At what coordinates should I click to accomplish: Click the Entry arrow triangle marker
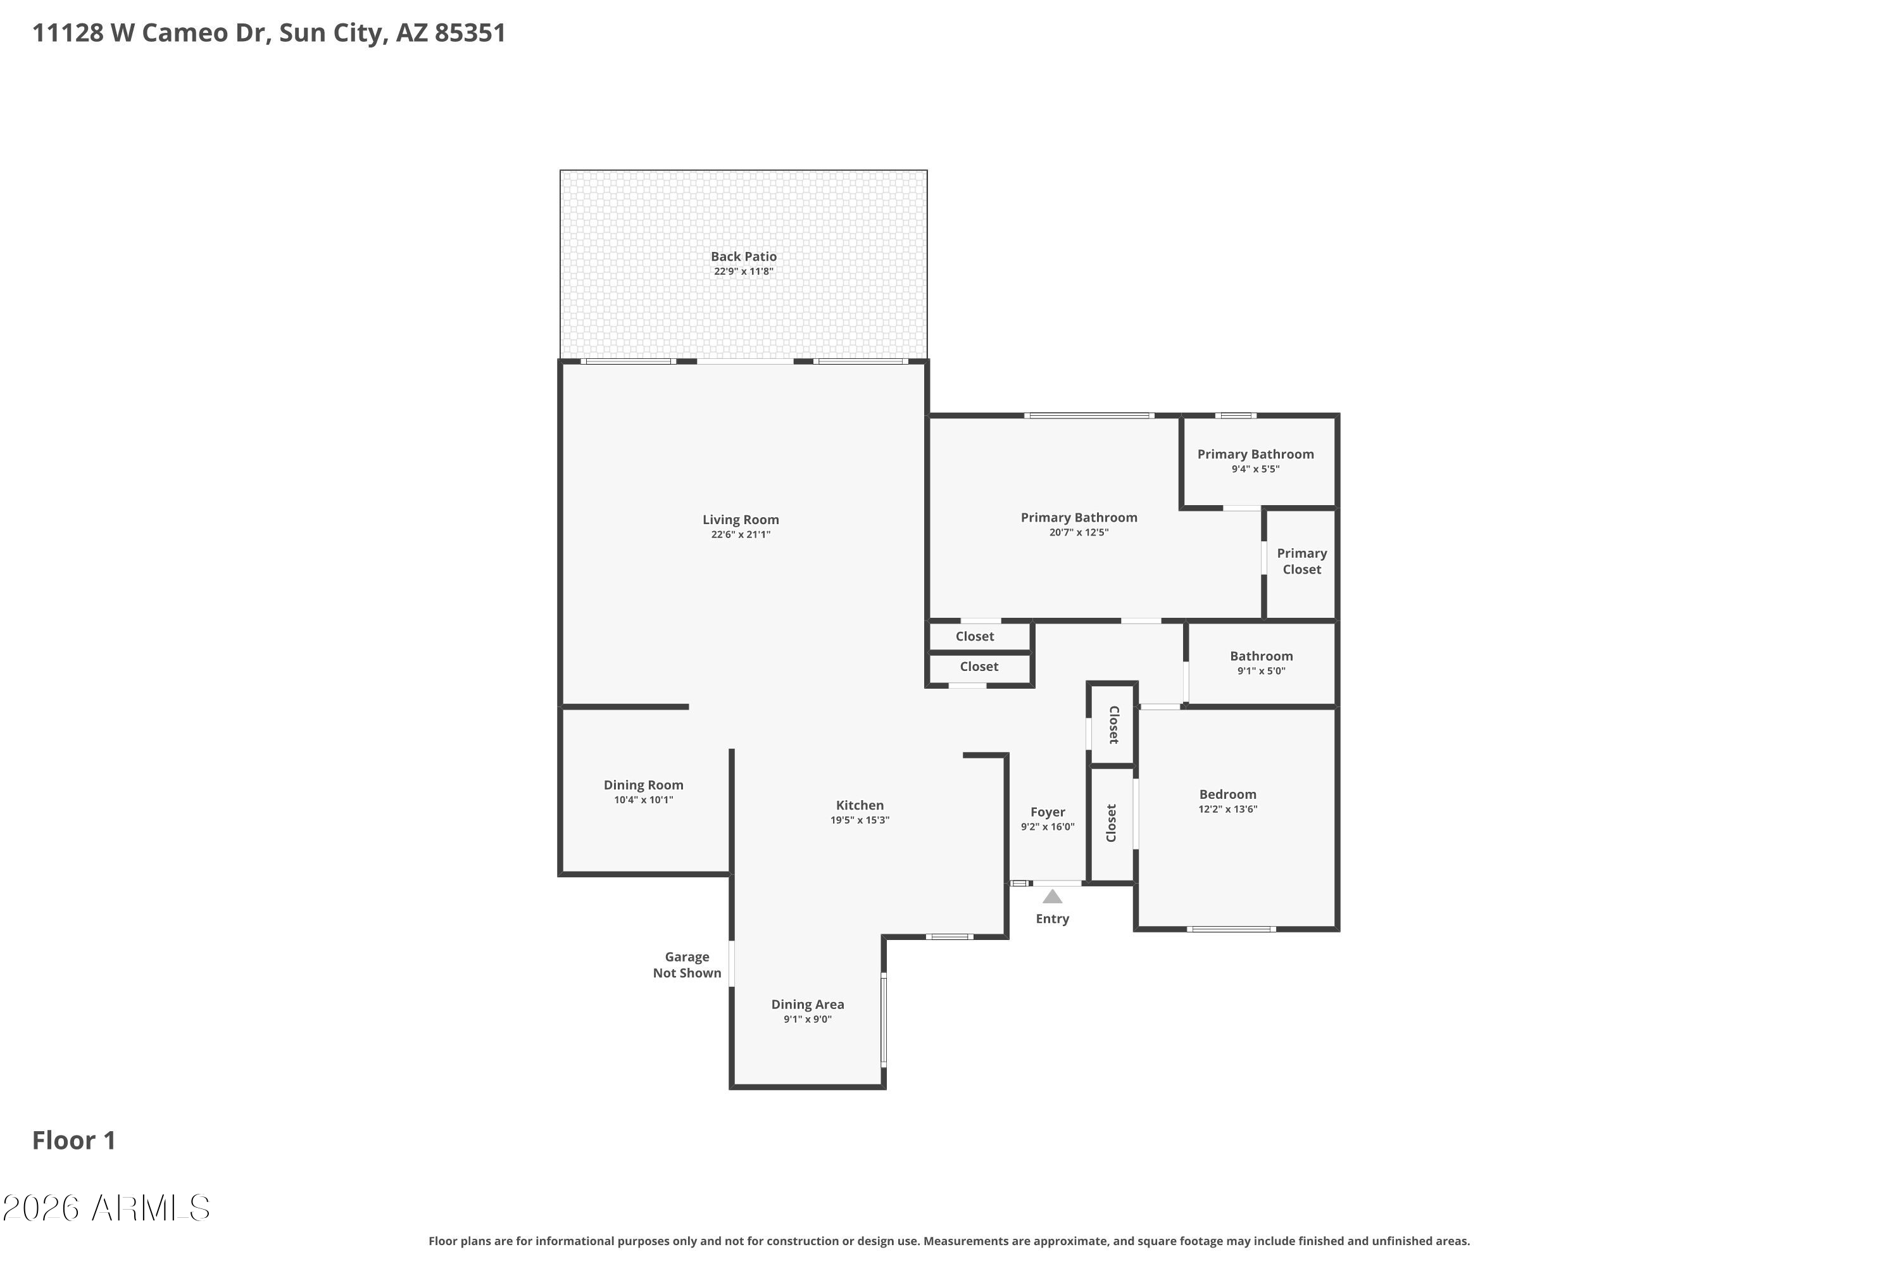[1052, 896]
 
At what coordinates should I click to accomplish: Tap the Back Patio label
[744, 257]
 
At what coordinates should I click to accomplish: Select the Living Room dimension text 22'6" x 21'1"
[741, 534]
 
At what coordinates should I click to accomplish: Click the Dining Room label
[644, 785]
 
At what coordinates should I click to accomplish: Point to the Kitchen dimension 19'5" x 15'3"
[860, 820]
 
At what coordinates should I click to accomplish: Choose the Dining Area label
[808, 1005]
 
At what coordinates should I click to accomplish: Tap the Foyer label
[1048, 812]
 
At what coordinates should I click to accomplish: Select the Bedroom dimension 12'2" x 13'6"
[1228, 809]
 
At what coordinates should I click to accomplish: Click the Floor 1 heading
[74, 1140]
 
